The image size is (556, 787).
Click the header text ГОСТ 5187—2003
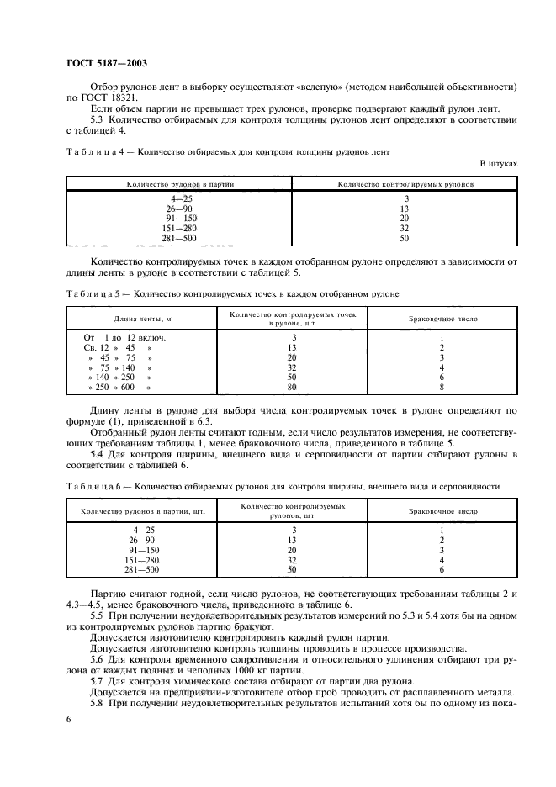click(105, 63)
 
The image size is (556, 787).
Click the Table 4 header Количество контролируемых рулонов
click(405, 182)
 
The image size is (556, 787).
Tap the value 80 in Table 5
click(293, 388)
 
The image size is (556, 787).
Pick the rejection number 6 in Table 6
click(442, 569)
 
